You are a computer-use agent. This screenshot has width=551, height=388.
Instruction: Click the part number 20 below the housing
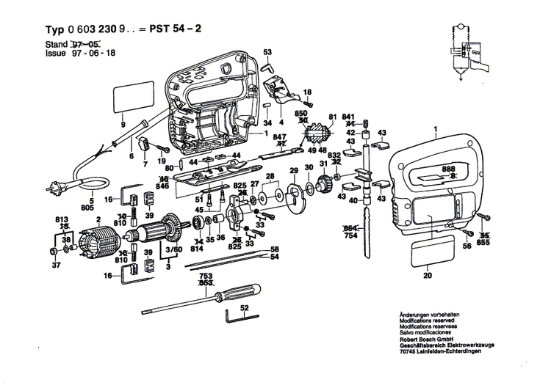click(x=427, y=277)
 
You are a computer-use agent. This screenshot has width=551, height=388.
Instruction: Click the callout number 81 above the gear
click(x=332, y=117)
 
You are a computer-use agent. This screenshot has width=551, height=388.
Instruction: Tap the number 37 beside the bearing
click(x=55, y=266)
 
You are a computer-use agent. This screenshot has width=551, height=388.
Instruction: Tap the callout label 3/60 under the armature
click(x=173, y=252)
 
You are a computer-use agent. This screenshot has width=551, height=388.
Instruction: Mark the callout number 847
click(x=279, y=137)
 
